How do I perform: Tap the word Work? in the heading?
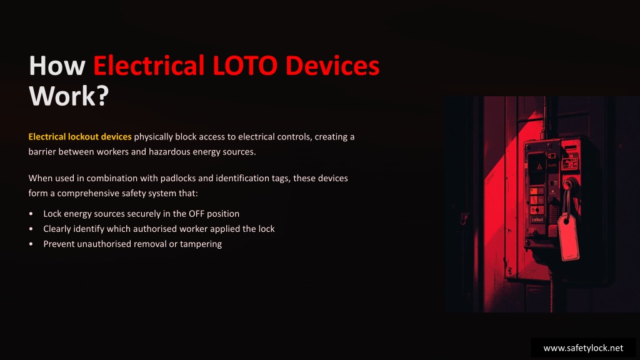[69, 96]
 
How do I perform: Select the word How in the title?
[57, 65]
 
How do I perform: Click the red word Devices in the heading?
[332, 65]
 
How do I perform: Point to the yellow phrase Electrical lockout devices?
[80, 137]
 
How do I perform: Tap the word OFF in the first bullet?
[196, 214]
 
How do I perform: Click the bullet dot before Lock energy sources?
[31, 214]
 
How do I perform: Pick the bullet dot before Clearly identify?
[31, 229]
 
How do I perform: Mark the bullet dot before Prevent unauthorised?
[31, 244]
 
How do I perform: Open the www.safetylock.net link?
[583, 348]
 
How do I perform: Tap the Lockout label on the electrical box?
[537, 219]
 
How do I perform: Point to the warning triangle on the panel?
[539, 166]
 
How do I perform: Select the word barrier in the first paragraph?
[42, 152]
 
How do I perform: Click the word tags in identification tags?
[280, 178]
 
